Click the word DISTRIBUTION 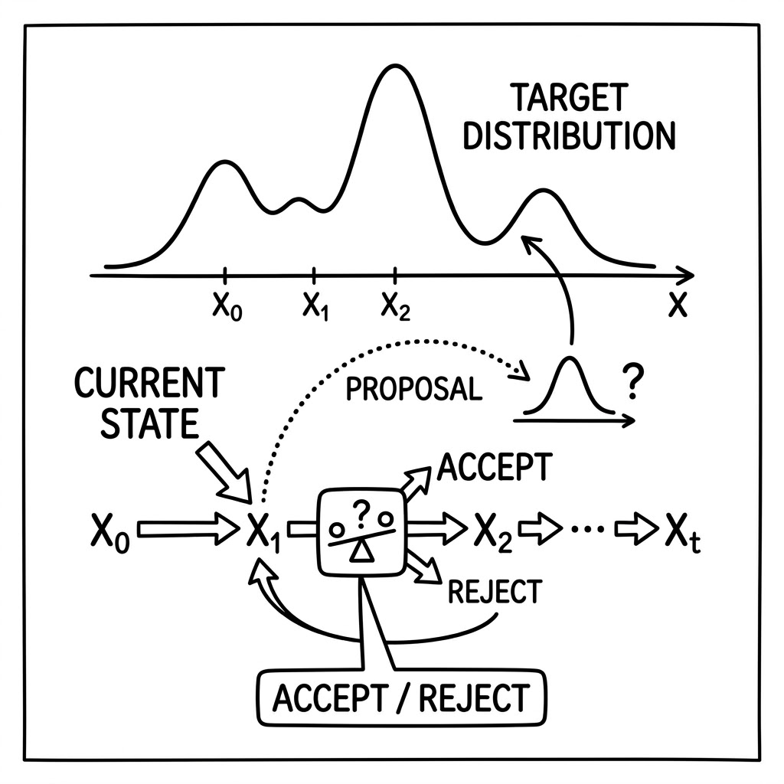[x=569, y=136]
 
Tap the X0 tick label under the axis [x=227, y=305]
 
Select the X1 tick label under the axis [x=315, y=305]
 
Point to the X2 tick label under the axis [x=396, y=305]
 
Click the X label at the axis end [x=678, y=304]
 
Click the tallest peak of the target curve [x=395, y=65]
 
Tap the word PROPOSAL [x=414, y=389]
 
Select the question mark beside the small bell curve [x=633, y=381]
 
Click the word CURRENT [x=149, y=383]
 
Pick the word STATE [x=149, y=423]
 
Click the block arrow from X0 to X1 [x=188, y=528]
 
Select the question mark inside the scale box [x=361, y=513]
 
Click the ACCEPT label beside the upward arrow [x=495, y=467]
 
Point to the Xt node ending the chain [x=682, y=533]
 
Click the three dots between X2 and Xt [x=587, y=528]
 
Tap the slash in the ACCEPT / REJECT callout [x=403, y=698]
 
